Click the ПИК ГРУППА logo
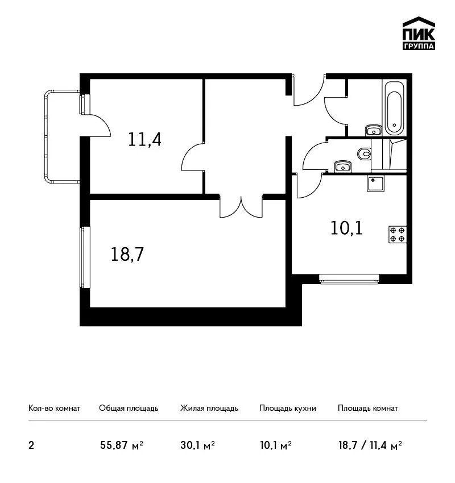pyautogui.click(x=419, y=34)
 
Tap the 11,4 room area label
pyautogui.click(x=144, y=140)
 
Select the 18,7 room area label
pyautogui.click(x=127, y=255)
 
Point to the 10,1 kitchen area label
pyautogui.click(x=346, y=228)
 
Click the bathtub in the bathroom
pyautogui.click(x=394, y=108)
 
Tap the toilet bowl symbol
pyautogui.click(x=364, y=153)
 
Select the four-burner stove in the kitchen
pyautogui.click(x=398, y=235)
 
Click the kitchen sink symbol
pyautogui.click(x=375, y=184)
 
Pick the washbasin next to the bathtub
pyautogui.click(x=374, y=130)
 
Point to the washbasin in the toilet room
pyautogui.click(x=342, y=166)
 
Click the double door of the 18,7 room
pyautogui.click(x=241, y=206)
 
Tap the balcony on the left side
pyautogui.click(x=62, y=136)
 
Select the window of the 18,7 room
pyautogui.click(x=85, y=257)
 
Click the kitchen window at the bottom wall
pyautogui.click(x=349, y=278)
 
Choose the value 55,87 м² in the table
pyautogui.click(x=122, y=445)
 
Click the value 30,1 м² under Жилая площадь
pyautogui.click(x=197, y=445)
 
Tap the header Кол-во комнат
pyautogui.click(x=54, y=408)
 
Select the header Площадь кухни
pyautogui.click(x=288, y=409)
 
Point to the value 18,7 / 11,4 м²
pyautogui.click(x=370, y=445)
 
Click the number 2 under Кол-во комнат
pyautogui.click(x=31, y=445)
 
